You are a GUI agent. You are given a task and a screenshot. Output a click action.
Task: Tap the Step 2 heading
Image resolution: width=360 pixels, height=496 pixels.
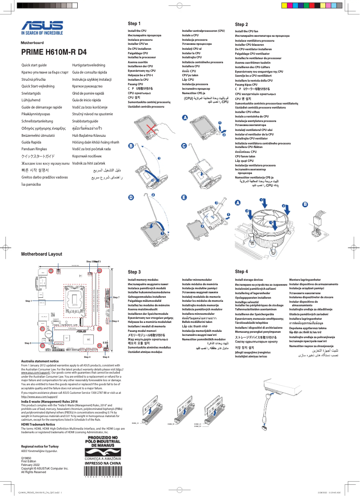(241, 24)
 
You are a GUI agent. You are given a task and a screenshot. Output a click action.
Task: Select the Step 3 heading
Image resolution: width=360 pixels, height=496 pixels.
(134, 272)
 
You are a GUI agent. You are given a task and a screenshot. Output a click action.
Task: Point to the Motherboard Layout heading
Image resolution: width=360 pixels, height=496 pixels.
(42, 254)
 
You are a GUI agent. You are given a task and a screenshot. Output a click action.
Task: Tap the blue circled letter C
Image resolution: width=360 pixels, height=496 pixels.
(184, 146)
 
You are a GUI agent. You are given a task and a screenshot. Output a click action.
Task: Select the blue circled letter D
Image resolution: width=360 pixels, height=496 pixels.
(131, 197)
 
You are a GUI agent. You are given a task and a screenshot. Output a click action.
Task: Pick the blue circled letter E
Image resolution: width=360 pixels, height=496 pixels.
(184, 197)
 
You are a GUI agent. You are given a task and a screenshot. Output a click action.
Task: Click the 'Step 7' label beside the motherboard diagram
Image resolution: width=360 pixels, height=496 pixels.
(116, 297)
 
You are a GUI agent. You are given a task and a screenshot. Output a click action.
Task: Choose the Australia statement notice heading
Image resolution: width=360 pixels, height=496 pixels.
(40, 361)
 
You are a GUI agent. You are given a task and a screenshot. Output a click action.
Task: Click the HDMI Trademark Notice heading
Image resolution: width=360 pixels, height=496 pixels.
(38, 424)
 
